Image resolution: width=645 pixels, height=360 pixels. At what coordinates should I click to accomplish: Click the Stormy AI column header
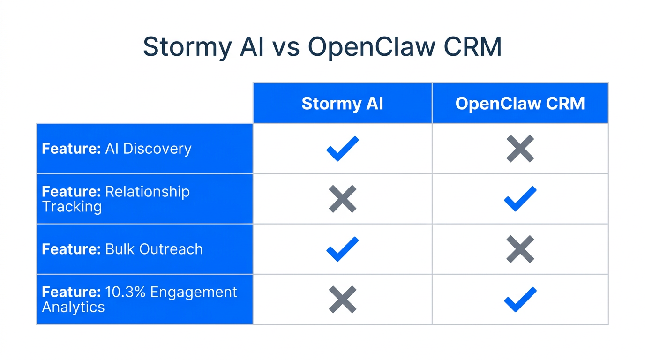(342, 104)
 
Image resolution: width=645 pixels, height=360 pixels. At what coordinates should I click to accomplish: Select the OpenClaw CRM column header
(520, 104)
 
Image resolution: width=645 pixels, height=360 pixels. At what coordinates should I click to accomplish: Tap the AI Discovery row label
(117, 149)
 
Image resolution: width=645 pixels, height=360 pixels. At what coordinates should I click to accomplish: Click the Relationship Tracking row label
(116, 199)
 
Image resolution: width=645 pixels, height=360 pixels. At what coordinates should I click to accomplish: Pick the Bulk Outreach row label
(122, 249)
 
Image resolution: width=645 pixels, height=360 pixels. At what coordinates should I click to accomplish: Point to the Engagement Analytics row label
(139, 299)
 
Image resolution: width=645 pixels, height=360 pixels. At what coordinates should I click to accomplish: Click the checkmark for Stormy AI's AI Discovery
(342, 149)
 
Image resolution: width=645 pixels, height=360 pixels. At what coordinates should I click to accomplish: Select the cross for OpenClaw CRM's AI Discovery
(520, 149)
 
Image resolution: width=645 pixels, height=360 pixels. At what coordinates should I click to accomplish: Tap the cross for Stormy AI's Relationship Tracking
(342, 199)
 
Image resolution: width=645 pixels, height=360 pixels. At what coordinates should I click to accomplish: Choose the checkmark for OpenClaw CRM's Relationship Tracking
(520, 199)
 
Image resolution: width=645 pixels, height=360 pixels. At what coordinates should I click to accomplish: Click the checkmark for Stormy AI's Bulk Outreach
(342, 249)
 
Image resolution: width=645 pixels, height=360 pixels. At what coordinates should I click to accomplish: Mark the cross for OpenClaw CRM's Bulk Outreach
(520, 249)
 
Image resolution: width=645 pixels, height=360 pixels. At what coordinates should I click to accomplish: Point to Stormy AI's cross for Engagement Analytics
(342, 300)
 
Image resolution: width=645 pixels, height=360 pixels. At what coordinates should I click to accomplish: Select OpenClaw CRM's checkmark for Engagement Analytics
(520, 300)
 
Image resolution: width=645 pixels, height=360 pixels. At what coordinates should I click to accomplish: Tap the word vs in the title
(285, 47)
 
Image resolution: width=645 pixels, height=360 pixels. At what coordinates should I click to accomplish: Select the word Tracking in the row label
(72, 207)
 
